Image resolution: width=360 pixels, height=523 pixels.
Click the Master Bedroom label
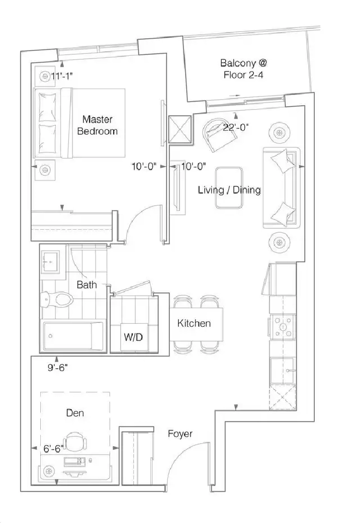coord(98,125)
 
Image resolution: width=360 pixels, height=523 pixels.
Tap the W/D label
coord(133,337)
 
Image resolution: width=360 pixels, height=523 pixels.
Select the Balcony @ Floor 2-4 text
coord(243,69)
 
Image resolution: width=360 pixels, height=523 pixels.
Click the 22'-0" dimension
coord(236,127)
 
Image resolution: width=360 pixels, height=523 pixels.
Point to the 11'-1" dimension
coord(62,76)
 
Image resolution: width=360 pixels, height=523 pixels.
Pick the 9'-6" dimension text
coord(57,368)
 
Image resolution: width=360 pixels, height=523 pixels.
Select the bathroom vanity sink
coord(50,262)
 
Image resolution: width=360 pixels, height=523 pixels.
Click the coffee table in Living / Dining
coord(229,188)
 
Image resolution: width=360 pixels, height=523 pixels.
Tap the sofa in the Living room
coord(282,188)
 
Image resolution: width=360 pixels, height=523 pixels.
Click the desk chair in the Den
coord(75,442)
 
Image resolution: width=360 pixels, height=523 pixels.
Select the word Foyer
coord(180,433)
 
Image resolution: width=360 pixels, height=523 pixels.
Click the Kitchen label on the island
coord(194,323)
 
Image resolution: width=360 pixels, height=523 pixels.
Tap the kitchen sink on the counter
coord(283,370)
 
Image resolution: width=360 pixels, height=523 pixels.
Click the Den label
coord(75,413)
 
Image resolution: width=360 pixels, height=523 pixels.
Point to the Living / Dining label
coord(229,190)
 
